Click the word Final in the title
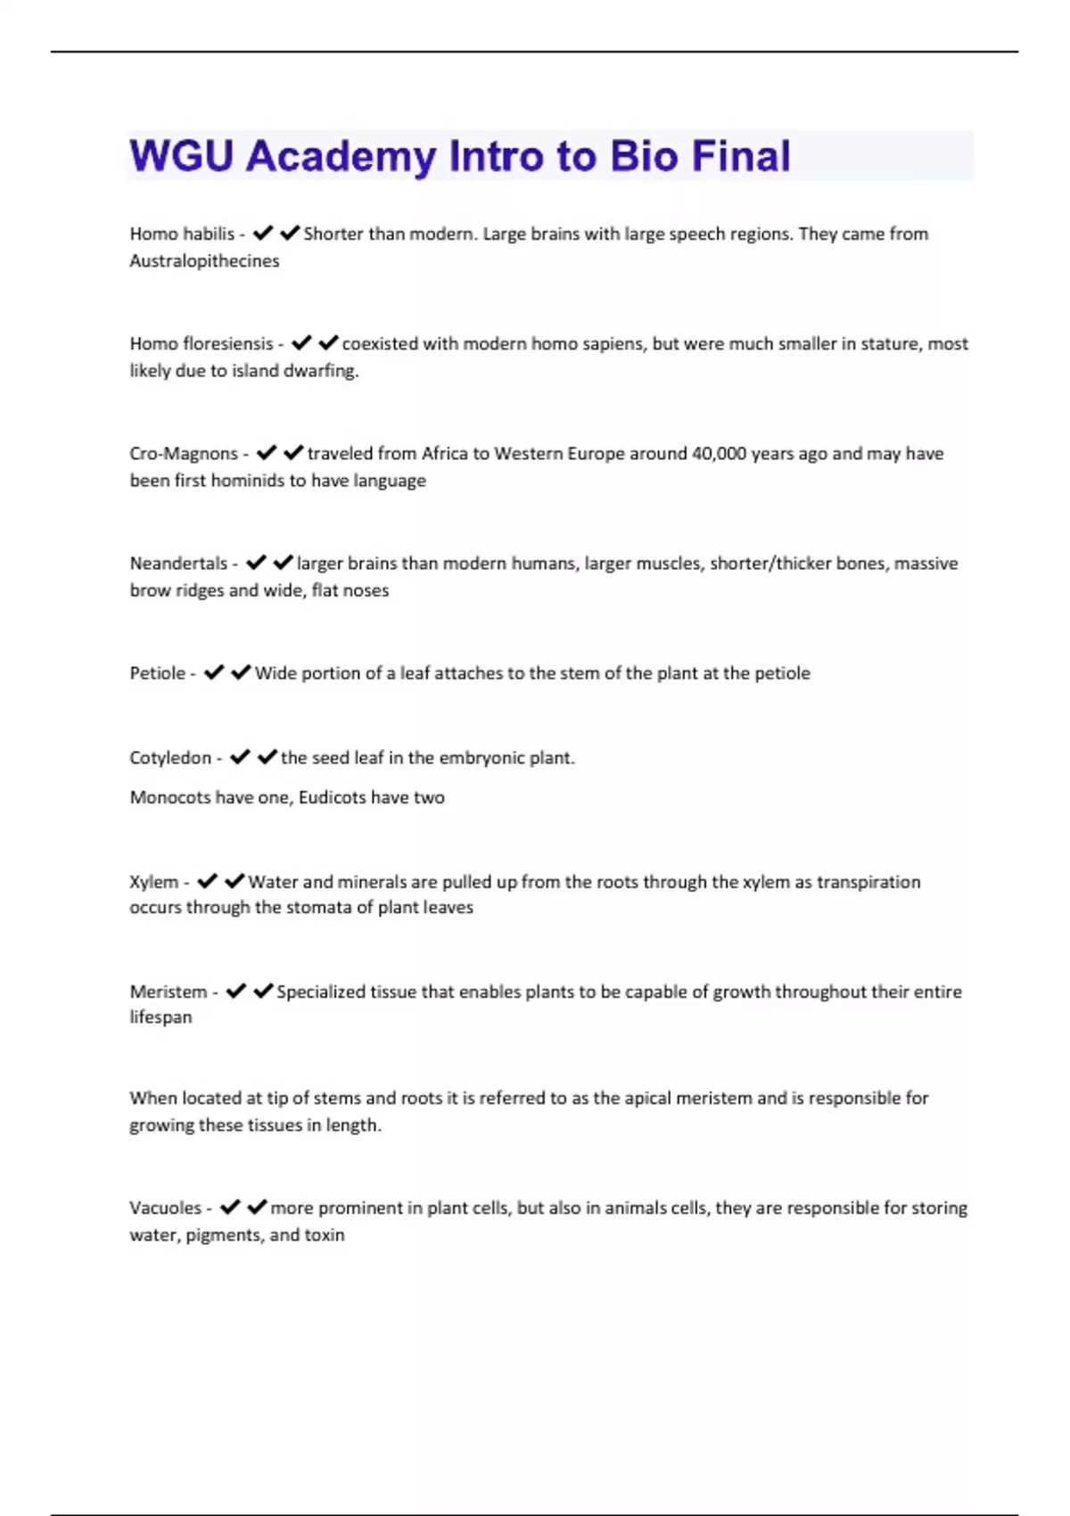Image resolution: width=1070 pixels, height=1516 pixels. click(741, 156)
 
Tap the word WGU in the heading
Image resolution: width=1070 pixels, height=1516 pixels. click(181, 156)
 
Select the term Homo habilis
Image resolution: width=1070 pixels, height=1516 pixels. click(182, 234)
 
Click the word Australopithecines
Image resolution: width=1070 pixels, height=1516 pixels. click(204, 260)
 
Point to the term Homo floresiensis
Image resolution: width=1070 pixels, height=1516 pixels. click(202, 343)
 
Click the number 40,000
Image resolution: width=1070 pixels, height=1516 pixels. click(719, 453)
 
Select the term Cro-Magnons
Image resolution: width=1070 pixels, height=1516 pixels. click(184, 453)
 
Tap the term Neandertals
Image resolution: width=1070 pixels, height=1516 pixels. click(178, 563)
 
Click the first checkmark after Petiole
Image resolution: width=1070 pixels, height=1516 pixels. click(214, 672)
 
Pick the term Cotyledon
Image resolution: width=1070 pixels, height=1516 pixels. click(170, 757)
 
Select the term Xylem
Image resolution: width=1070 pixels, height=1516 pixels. click(153, 881)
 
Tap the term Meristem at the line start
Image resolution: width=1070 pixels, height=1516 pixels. click(168, 991)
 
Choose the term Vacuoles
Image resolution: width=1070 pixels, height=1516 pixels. click(165, 1207)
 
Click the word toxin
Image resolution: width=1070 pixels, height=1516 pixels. click(324, 1234)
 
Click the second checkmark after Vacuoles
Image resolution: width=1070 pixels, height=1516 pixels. click(257, 1207)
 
